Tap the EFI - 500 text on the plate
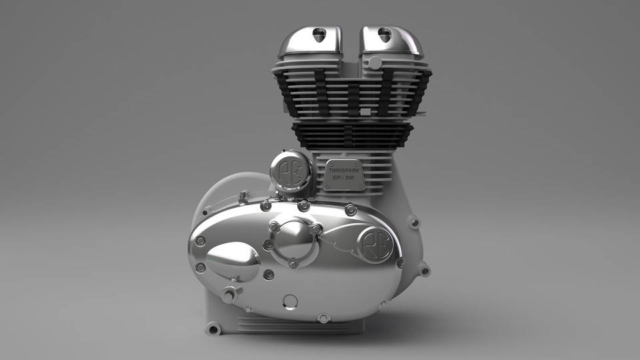[x=344, y=179]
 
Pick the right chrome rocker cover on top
[x=391, y=41]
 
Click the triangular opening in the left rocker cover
[x=320, y=35]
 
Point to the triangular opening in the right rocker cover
[x=385, y=34]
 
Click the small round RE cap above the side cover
[x=291, y=171]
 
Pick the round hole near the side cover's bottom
[x=290, y=301]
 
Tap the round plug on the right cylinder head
[x=375, y=63]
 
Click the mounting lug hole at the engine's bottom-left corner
[x=213, y=329]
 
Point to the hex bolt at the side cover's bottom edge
[x=323, y=318]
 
